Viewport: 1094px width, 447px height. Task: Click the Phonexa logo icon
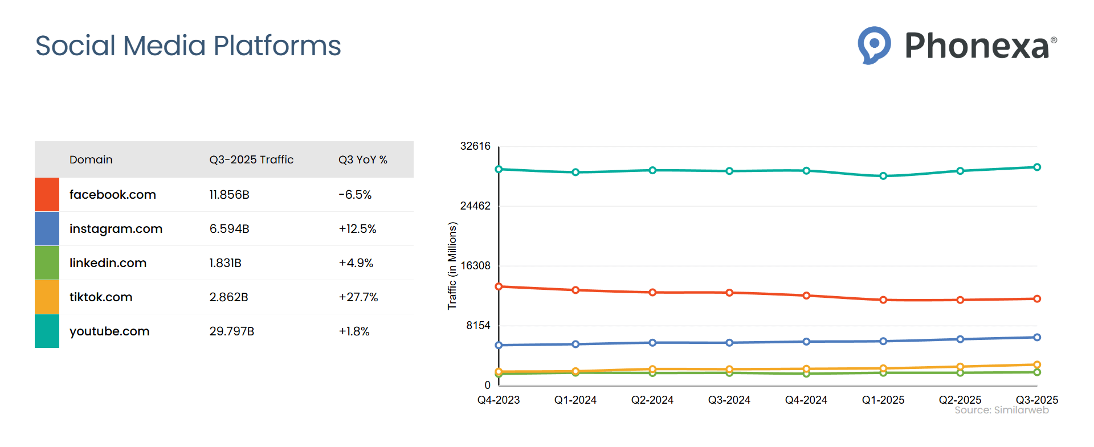click(x=874, y=44)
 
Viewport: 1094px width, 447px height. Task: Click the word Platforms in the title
click(x=277, y=46)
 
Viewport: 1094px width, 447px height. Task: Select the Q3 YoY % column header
click(x=362, y=160)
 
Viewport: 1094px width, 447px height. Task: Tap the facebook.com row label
click(x=112, y=195)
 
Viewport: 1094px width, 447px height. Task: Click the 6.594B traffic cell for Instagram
click(x=229, y=229)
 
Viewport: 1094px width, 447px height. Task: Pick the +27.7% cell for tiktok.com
click(x=358, y=297)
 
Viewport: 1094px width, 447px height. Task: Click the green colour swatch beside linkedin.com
click(x=47, y=263)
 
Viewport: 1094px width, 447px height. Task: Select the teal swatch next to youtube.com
click(x=47, y=331)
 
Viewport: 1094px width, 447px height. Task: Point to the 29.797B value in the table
click(x=231, y=331)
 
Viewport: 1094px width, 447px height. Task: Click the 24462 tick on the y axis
click(x=475, y=206)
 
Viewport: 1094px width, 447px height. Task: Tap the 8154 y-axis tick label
click(x=478, y=326)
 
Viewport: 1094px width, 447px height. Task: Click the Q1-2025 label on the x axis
click(x=883, y=400)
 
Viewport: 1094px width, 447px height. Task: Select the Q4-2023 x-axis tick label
click(x=499, y=400)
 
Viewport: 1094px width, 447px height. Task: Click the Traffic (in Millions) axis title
click(x=452, y=266)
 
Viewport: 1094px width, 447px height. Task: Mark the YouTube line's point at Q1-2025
click(x=883, y=176)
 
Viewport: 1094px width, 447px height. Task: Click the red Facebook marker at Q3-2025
click(x=1037, y=299)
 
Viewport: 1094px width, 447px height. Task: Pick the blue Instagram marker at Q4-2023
click(x=499, y=345)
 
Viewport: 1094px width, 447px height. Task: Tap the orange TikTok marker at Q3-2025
click(x=1037, y=364)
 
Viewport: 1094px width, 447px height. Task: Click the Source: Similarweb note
click(x=1001, y=410)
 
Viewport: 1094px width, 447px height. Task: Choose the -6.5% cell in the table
click(x=354, y=195)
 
